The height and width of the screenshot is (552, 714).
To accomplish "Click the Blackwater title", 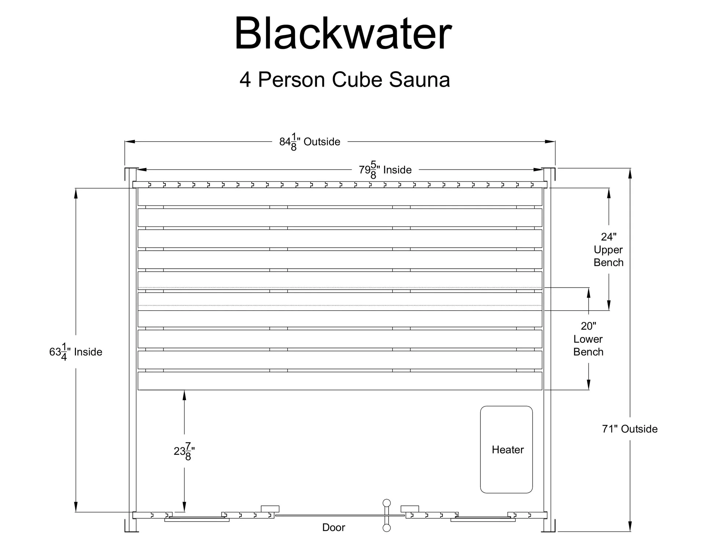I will (x=343, y=34).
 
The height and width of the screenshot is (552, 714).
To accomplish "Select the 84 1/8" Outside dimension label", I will (x=310, y=142).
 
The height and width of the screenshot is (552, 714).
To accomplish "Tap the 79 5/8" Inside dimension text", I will (x=385, y=170).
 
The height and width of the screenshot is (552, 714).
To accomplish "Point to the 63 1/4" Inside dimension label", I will (x=76, y=352).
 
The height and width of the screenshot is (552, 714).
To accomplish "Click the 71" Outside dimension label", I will (x=630, y=429).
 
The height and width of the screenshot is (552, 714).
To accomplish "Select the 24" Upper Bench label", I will (x=608, y=250).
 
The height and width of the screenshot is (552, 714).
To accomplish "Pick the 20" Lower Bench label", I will (x=588, y=339).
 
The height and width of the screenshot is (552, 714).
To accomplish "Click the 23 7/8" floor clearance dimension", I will (x=184, y=451).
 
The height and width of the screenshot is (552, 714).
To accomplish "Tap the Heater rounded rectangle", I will (x=506, y=449).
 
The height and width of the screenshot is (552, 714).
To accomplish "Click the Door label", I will (x=334, y=527).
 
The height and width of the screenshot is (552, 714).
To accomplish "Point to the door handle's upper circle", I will (x=386, y=503).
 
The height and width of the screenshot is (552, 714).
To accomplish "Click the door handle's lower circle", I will (x=386, y=528).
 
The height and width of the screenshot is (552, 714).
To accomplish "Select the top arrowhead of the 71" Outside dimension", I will (x=630, y=173).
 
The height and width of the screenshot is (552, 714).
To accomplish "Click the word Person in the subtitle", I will (x=292, y=80).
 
